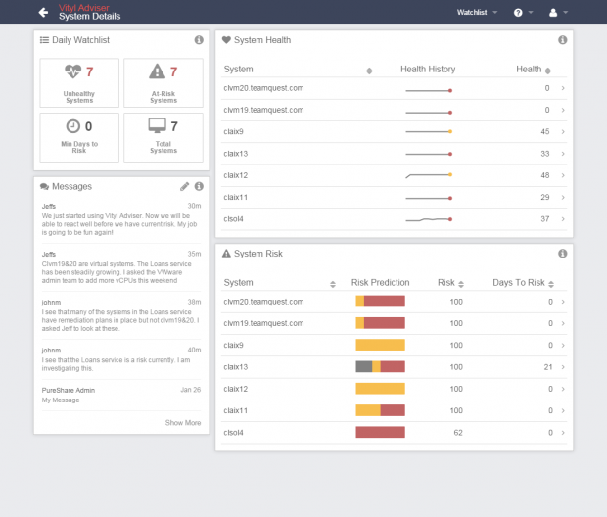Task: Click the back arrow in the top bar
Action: tap(43, 13)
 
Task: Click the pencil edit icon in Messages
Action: tap(184, 186)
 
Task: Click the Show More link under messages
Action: tap(183, 423)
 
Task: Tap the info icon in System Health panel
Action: tap(562, 40)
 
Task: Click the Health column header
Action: tap(530, 70)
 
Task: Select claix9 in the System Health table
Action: tap(234, 131)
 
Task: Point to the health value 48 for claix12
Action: tap(544, 175)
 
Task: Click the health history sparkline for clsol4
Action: tap(429, 219)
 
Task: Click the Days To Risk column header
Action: tap(519, 283)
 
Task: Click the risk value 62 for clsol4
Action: tap(457, 432)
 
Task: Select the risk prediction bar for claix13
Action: tap(380, 366)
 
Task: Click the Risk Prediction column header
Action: tap(380, 283)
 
